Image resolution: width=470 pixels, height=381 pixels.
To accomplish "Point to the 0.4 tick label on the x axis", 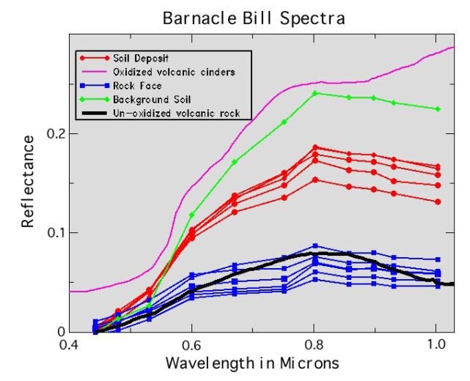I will click(70, 343).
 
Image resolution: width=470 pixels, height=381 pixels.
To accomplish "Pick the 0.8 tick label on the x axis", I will click(315, 343).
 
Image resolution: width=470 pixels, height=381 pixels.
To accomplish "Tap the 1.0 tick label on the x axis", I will click(437, 343).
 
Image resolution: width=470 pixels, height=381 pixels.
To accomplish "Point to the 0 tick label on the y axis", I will click(62, 331).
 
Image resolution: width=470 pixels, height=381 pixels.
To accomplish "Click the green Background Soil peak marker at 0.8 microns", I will click(315, 93).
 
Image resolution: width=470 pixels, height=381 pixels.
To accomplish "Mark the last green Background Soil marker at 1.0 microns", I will click(438, 109).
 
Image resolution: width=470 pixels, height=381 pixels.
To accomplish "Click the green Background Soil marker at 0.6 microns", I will click(192, 215).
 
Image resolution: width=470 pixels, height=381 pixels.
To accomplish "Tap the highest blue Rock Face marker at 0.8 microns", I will click(315, 246).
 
